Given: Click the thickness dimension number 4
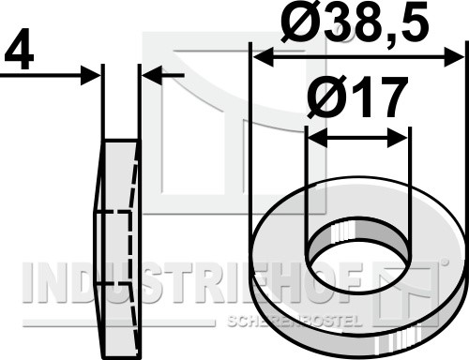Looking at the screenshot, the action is pos(19,50).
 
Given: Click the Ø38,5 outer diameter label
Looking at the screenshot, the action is pos(355,21).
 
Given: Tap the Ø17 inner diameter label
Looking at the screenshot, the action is pos(356,97).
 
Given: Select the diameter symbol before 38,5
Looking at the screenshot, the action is pos(299,21).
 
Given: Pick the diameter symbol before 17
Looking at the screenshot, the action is pos(325,97).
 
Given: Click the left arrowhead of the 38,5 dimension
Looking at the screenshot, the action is pos(264,57).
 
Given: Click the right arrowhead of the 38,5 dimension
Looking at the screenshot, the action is pos(454,57).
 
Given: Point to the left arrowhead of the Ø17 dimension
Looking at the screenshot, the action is pos(318,137).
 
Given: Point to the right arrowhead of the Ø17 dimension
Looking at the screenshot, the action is pos(398,138).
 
